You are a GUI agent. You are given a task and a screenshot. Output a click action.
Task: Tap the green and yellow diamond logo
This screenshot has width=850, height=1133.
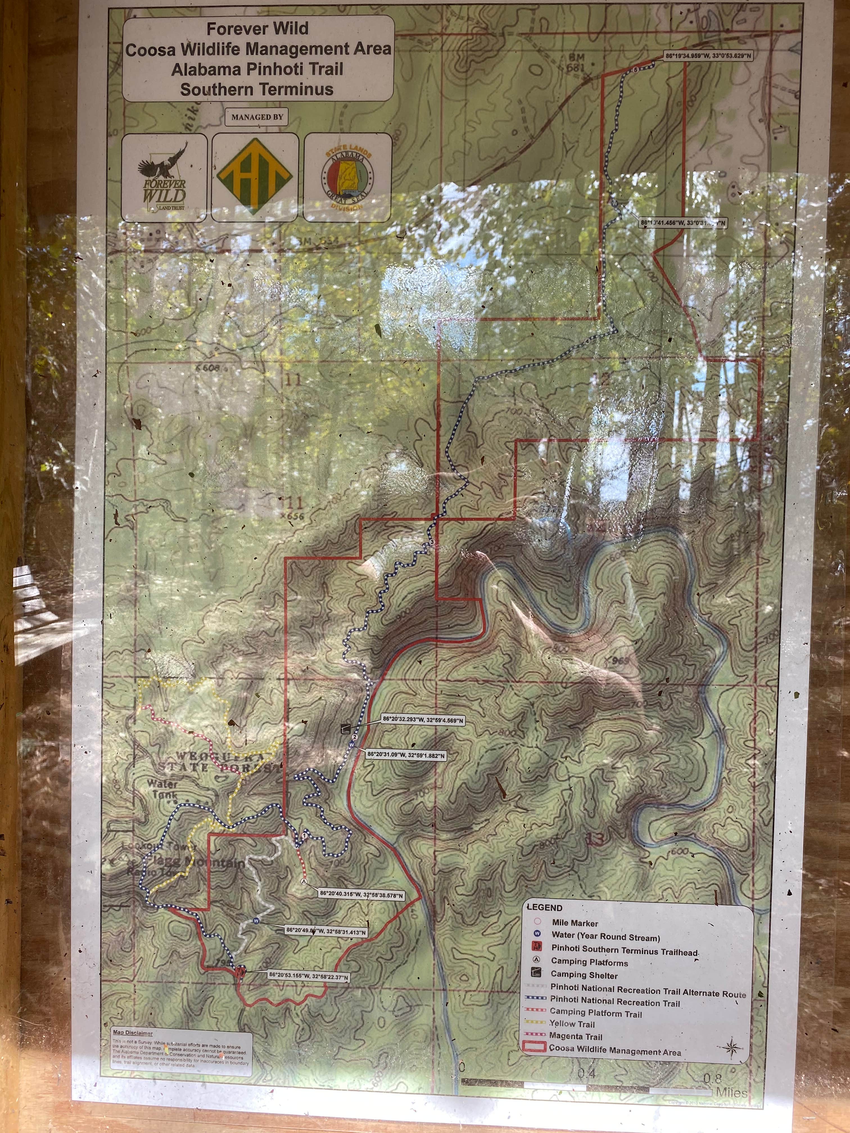(255, 177)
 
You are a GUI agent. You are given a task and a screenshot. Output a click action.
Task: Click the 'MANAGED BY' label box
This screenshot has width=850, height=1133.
(257, 117)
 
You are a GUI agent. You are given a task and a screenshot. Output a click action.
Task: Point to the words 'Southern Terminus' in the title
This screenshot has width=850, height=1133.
(257, 90)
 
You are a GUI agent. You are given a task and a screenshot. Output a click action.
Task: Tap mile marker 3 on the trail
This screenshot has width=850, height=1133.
(432, 542)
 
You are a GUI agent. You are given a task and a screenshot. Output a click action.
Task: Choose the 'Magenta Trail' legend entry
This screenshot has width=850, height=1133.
(576, 1036)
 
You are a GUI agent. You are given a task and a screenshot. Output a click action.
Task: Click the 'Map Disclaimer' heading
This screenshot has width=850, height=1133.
(133, 1033)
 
